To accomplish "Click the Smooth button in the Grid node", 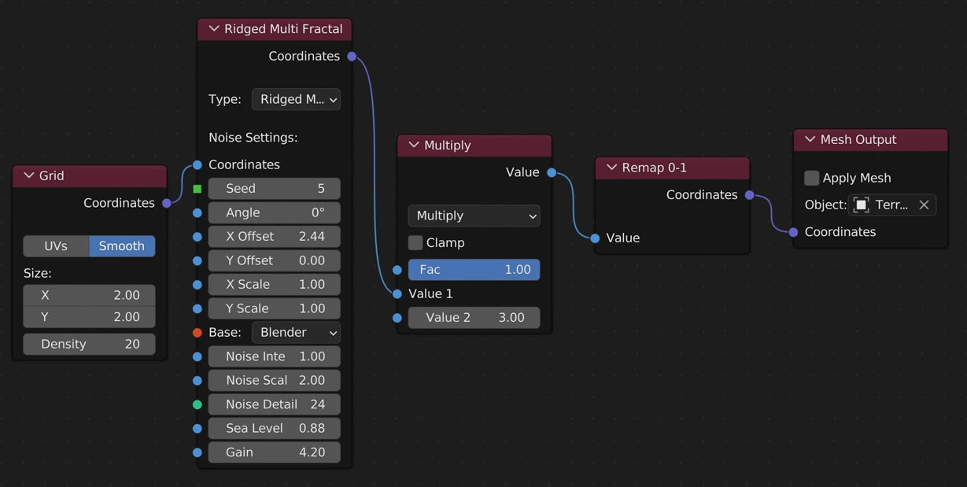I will pos(122,246).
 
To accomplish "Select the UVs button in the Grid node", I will pos(56,246).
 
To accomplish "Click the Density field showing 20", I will pos(89,344).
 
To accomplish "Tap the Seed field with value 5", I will pos(274,189).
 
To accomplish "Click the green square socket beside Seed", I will pos(197,189).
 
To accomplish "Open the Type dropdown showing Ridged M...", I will pos(296,100).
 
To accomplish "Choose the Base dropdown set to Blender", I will pos(296,333).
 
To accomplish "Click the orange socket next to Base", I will pos(197,333).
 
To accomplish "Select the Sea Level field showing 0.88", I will pos(274,429).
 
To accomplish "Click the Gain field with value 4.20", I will pos(274,452).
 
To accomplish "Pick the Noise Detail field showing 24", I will pos(274,404).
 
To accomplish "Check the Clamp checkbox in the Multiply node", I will pos(415,242).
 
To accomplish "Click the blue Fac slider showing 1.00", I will pos(474,270).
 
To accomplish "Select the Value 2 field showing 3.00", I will pos(474,318).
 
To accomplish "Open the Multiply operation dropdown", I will pos(474,216).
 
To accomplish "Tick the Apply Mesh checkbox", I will pos(812,178).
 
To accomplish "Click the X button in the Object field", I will pos(924,205).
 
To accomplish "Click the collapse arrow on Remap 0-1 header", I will pos(611,168).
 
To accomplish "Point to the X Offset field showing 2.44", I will pos(274,237).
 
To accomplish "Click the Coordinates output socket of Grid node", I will pos(167,203).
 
